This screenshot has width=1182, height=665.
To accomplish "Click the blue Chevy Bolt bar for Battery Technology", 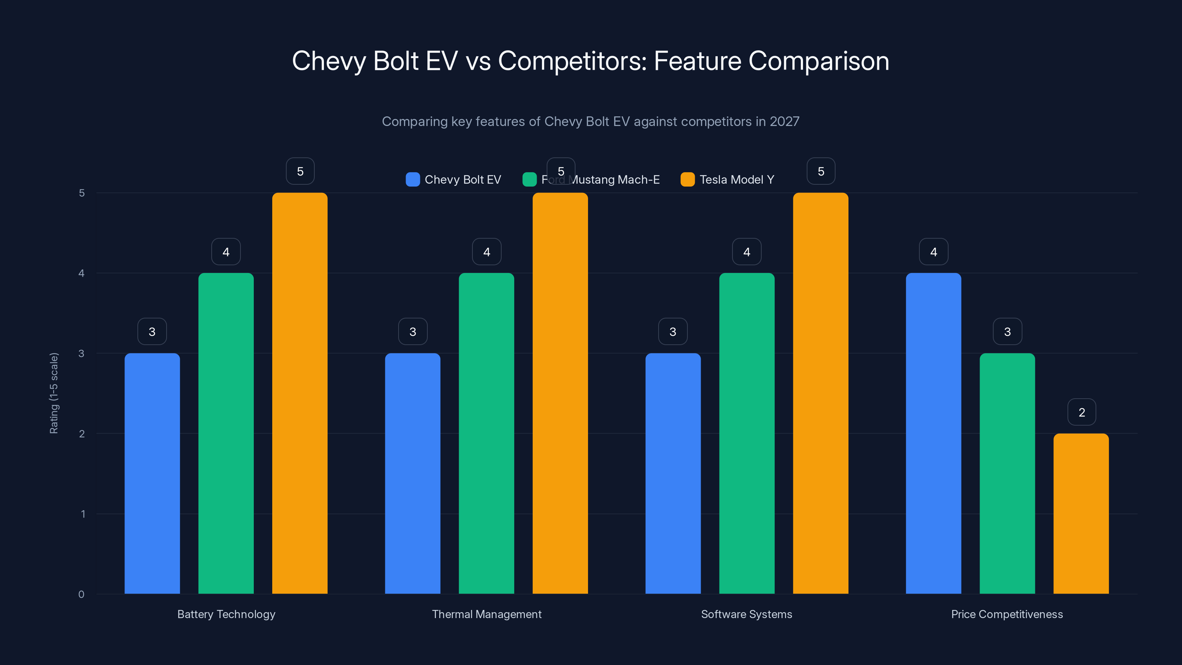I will coord(152,473).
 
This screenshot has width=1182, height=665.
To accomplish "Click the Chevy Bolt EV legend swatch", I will coord(413,180).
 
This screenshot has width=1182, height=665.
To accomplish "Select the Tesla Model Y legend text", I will coord(737,180).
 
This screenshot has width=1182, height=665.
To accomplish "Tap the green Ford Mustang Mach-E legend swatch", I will coord(529,180).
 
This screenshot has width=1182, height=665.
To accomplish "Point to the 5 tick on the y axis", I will coord(82,193).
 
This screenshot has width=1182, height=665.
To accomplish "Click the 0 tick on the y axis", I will coord(81,594).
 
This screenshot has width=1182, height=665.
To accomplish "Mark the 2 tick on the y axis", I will coord(82,434).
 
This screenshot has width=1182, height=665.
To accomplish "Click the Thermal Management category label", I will coord(486,614).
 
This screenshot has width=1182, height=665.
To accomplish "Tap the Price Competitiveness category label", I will coord(1007,614).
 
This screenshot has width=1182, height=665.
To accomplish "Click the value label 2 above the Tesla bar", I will coord(1082,412).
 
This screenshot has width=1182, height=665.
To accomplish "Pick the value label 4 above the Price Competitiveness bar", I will coord(933,252).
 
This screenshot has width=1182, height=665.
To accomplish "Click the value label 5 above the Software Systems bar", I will coord(820,171).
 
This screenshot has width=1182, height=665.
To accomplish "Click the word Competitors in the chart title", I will coord(572,61).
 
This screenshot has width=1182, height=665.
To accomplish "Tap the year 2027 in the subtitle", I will coord(784,121).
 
